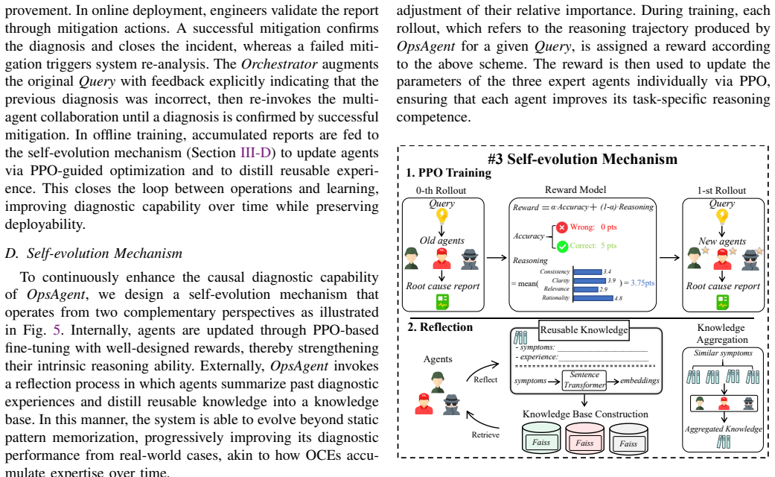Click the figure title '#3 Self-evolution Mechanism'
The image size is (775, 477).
coord(582,159)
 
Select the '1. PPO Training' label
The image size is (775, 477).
coord(449,173)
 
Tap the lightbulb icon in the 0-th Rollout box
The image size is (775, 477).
coord(442,215)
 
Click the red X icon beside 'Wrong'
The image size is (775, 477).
coord(562,227)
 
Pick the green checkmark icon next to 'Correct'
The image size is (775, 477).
coord(563,246)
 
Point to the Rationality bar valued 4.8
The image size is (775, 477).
coord(593,298)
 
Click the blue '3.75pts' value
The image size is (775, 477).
coord(642,283)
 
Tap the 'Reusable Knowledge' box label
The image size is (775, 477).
coord(584,330)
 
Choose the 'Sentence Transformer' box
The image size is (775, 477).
coord(584,380)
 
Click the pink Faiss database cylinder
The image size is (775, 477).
coord(584,438)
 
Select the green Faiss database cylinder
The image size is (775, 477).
coord(541,437)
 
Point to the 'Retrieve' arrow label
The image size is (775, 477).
coord(485,435)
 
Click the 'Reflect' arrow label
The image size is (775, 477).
coord(485,379)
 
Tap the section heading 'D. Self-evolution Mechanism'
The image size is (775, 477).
coord(94,253)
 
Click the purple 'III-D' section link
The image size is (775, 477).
coord(255,153)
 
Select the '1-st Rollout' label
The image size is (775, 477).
coord(721,191)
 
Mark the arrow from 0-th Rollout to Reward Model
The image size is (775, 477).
coord(497,257)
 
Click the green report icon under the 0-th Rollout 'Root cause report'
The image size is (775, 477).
coord(442,302)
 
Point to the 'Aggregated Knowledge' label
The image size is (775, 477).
coord(723,429)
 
